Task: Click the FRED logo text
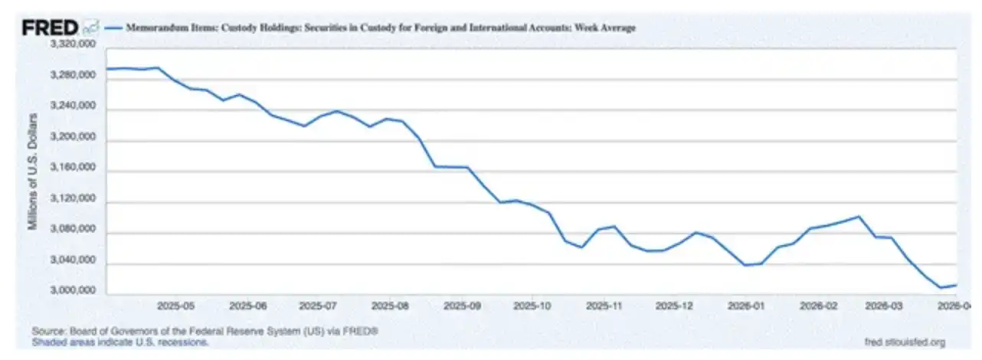pos(49,28)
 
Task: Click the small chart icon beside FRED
pos(91,28)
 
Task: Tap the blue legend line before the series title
pos(114,28)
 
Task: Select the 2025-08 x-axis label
pos(390,305)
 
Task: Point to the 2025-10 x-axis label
pos(533,305)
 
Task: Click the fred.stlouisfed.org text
pos(904,342)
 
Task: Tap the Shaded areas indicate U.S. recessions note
pos(120,342)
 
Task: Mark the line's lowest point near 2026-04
pos(941,287)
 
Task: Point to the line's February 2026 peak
pos(859,217)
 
